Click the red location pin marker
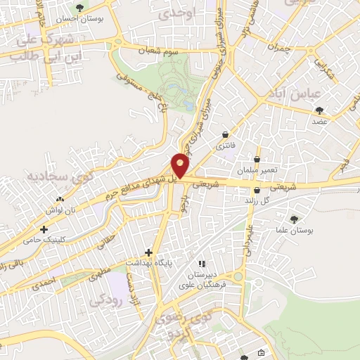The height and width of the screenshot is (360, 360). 181,165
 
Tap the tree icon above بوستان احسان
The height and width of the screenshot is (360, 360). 79,8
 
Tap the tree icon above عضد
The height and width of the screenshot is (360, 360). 320,110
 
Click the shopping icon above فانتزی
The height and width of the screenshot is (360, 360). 225,134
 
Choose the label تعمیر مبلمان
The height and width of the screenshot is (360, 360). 258,170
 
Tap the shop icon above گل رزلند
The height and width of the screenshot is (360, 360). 257,190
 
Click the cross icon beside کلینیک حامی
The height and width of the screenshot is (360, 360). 44,229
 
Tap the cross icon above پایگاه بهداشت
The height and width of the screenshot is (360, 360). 148,252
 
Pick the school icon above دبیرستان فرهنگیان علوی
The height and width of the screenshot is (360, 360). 202,263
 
